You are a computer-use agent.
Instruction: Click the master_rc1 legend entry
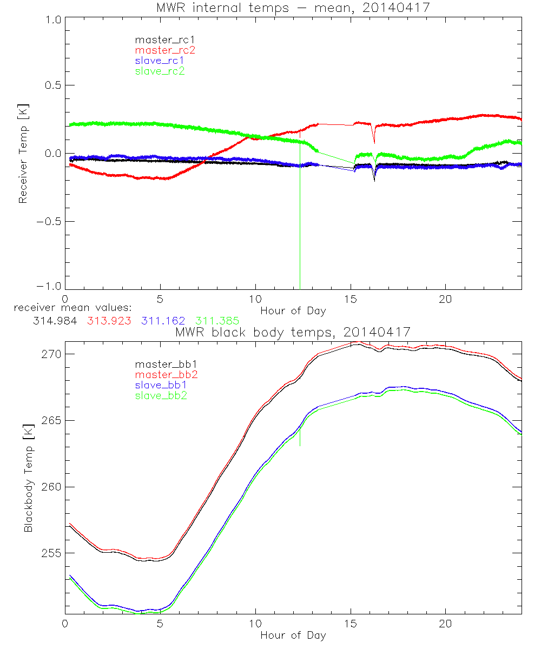tap(160, 39)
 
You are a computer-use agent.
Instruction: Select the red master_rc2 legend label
tap(165, 50)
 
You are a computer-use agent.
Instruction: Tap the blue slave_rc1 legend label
tap(160, 60)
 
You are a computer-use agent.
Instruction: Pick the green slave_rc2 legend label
tap(160, 71)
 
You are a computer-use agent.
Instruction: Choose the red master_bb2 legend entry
tap(166, 374)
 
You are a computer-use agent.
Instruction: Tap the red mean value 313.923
tap(107, 320)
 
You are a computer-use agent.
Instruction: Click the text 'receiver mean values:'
tap(69, 308)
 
